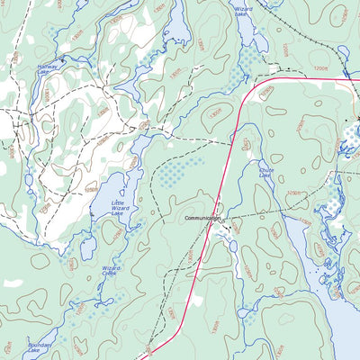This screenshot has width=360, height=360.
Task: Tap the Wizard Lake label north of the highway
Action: pos(242,11)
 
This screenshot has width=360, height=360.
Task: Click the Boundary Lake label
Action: pos(40,347)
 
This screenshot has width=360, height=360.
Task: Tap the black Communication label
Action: pos(203,219)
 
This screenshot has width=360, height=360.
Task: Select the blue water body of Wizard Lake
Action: pos(245,31)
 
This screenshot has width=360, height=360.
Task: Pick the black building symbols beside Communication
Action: pos(229,228)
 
